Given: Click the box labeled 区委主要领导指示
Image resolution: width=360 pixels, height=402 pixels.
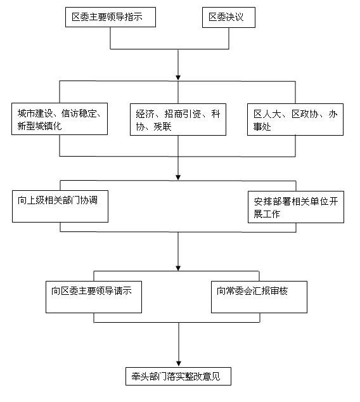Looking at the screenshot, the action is click(x=110, y=17).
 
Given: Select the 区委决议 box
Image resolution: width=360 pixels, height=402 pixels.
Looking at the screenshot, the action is click(x=229, y=17).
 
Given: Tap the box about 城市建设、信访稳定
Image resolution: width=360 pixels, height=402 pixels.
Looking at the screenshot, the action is click(x=60, y=119).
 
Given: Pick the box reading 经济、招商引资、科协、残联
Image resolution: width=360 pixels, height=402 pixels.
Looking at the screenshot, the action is click(x=178, y=119).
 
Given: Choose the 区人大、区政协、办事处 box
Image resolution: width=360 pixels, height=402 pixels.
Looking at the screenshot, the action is click(x=295, y=119).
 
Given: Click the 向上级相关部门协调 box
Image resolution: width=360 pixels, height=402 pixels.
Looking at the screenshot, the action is click(x=60, y=206).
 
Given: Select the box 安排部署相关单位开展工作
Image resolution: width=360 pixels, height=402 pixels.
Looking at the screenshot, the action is click(x=296, y=207).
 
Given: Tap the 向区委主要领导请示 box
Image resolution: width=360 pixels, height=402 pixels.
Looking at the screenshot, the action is click(x=94, y=297).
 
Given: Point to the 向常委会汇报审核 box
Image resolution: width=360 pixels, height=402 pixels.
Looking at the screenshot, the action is click(x=259, y=297).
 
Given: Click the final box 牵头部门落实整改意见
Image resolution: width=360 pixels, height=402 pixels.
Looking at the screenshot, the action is click(x=178, y=376).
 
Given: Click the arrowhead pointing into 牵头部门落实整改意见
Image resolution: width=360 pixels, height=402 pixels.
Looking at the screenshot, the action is click(x=179, y=363).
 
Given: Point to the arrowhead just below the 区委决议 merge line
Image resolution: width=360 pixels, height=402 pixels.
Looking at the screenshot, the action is click(x=178, y=77).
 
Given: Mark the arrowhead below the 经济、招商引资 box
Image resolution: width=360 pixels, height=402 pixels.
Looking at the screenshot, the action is click(x=178, y=177).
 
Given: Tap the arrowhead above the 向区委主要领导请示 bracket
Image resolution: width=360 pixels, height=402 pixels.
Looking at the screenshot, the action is click(x=178, y=268).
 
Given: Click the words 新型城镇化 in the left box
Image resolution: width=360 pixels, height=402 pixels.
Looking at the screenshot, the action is click(x=39, y=126).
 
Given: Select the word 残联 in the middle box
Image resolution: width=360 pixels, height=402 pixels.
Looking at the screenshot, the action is click(x=162, y=127).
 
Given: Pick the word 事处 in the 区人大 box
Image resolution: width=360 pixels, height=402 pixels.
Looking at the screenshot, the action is click(x=262, y=127).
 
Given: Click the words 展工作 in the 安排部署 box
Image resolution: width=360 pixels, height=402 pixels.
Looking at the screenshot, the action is click(x=267, y=214).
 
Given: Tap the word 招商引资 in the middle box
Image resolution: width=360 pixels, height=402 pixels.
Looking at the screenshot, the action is click(x=183, y=114).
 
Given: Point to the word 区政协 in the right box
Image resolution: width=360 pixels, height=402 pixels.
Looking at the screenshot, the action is click(x=305, y=114).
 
